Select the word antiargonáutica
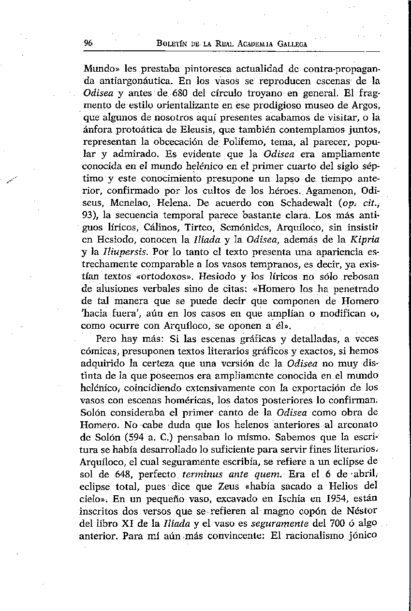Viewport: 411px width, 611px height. pos(129,79)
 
